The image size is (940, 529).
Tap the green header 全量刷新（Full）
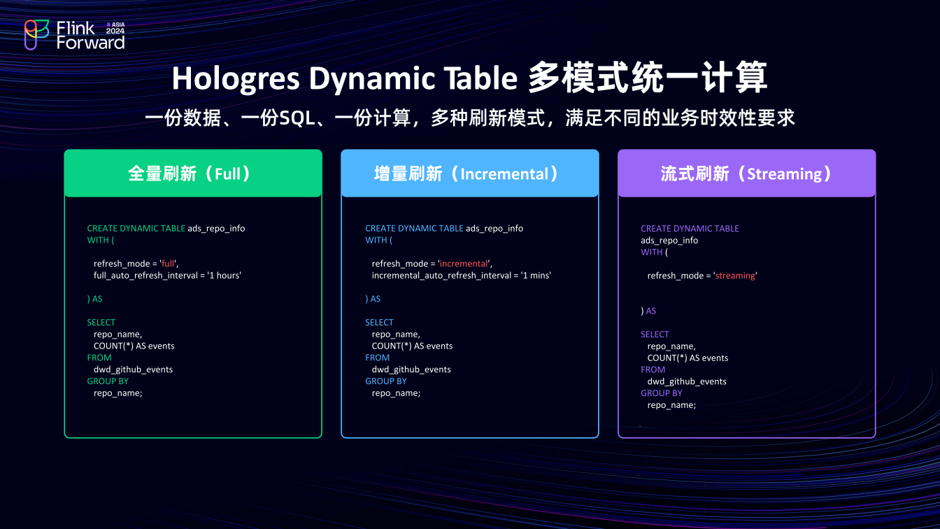click(x=192, y=174)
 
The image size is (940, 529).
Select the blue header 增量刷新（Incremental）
click(x=469, y=174)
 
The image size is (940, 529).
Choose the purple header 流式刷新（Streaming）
click(x=746, y=174)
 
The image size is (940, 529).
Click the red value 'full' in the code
click(x=169, y=264)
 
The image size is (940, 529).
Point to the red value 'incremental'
click(x=464, y=264)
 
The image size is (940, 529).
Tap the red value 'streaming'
click(x=735, y=276)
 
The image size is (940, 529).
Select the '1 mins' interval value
click(x=536, y=276)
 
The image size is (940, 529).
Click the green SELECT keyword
click(x=101, y=323)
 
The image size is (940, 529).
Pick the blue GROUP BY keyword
click(x=385, y=381)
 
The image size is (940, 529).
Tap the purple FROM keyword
click(x=653, y=369)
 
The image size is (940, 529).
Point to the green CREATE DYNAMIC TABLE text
click(x=136, y=228)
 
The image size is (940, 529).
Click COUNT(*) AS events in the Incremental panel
click(x=412, y=346)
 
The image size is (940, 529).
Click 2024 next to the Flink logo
click(x=115, y=31)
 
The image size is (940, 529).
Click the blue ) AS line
click(x=373, y=299)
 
